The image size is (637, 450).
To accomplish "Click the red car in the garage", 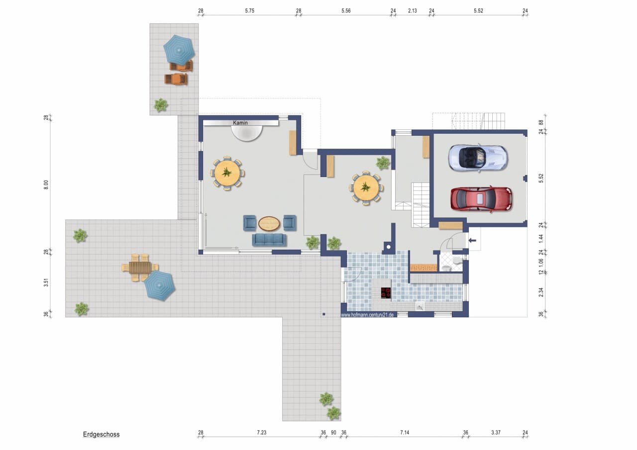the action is [481, 199].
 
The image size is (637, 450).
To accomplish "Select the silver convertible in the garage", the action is [478, 158].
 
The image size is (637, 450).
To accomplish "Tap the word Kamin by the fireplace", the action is [240, 123].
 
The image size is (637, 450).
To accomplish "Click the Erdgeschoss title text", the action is [101, 434].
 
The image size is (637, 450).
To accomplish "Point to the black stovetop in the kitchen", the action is [386, 293].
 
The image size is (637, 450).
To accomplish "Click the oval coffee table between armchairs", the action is [269, 224].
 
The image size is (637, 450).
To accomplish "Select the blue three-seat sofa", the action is [269, 240].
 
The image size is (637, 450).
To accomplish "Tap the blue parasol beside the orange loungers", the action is [179, 50].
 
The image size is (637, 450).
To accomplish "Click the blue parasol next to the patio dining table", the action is [160, 285].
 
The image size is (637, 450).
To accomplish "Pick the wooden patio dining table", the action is [140, 268].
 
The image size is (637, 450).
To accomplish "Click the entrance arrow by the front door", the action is [472, 241].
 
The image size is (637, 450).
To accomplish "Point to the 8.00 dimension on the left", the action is [46, 185].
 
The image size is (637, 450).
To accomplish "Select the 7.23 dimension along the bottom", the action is [262, 433].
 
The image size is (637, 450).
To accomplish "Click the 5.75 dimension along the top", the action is [250, 11].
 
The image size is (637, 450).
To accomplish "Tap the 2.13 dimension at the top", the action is [413, 11].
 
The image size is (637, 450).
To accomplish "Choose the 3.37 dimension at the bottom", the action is [496, 433].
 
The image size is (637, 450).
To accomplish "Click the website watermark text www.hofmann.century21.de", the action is [367, 315].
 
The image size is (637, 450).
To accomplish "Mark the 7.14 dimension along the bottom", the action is [405, 433].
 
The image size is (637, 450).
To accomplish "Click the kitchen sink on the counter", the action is [420, 306].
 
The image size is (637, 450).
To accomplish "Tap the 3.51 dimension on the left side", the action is [46, 283].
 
